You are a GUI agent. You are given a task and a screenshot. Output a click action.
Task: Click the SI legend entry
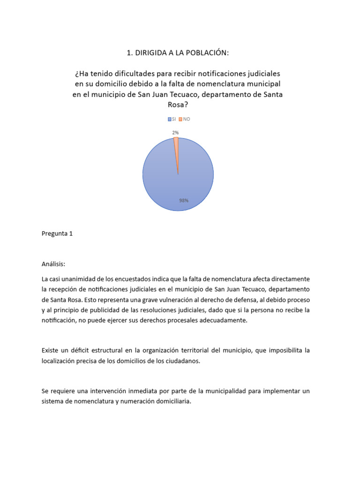[x=172, y=119]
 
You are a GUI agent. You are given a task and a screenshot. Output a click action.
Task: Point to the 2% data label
[x=175, y=133]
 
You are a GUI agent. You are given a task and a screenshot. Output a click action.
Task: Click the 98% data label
[x=183, y=200]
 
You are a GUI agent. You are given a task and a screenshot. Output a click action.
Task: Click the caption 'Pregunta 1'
[x=57, y=233]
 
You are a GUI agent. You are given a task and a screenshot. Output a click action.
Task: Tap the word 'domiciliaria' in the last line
[x=171, y=401]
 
